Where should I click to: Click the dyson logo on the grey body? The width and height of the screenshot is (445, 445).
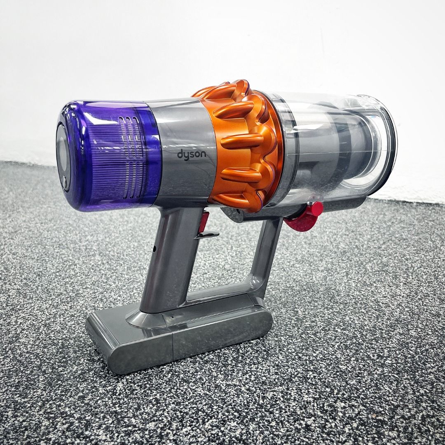tap(192, 155)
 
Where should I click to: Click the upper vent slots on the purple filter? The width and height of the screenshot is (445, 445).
tap(130, 137)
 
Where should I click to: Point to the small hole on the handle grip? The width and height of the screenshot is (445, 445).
tap(154, 248)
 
